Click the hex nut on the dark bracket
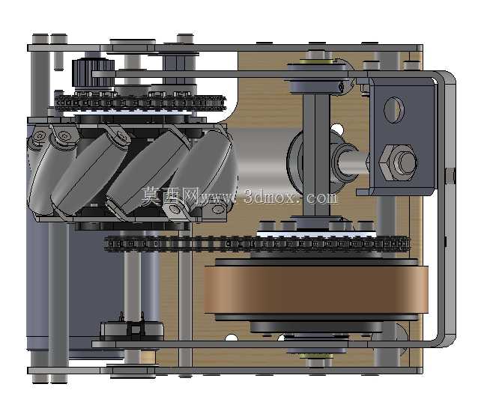pyautogui.click(x=398, y=162)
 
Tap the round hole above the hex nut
pyautogui.click(x=393, y=110)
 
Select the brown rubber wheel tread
pyautogui.click(x=316, y=290)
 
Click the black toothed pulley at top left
pyautogui.click(x=93, y=73)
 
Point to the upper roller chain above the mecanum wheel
pyautogui.click(x=140, y=103)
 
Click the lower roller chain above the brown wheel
pyautogui.click(x=257, y=244)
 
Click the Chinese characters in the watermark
pyautogui.click(x=171, y=196)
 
